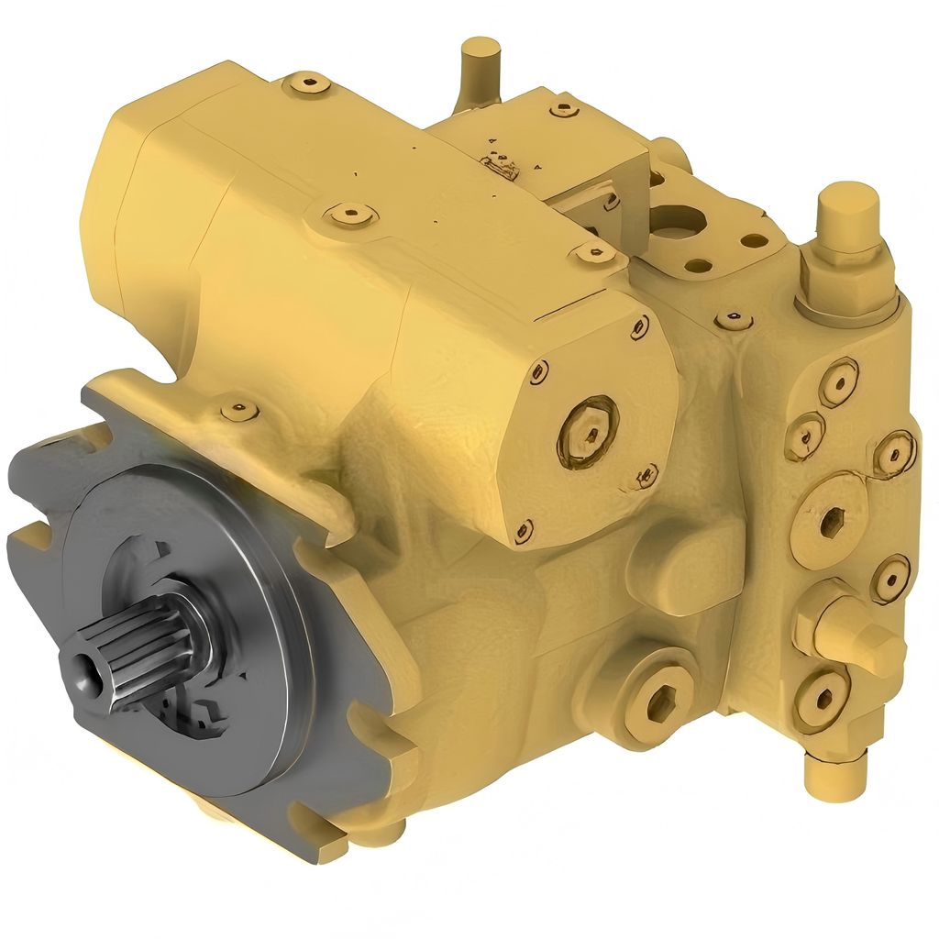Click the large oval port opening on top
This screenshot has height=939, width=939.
coord(677,220)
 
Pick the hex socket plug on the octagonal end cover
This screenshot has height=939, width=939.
coord(587,430)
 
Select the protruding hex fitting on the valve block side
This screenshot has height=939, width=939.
coord(853,633)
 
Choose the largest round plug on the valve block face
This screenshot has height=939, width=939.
coord(831,521)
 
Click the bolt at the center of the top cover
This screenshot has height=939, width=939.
coord(350,215)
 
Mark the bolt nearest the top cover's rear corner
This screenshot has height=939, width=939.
coord(306,84)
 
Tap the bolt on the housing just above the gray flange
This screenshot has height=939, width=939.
coord(239,410)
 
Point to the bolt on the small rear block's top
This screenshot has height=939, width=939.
coord(564,109)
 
